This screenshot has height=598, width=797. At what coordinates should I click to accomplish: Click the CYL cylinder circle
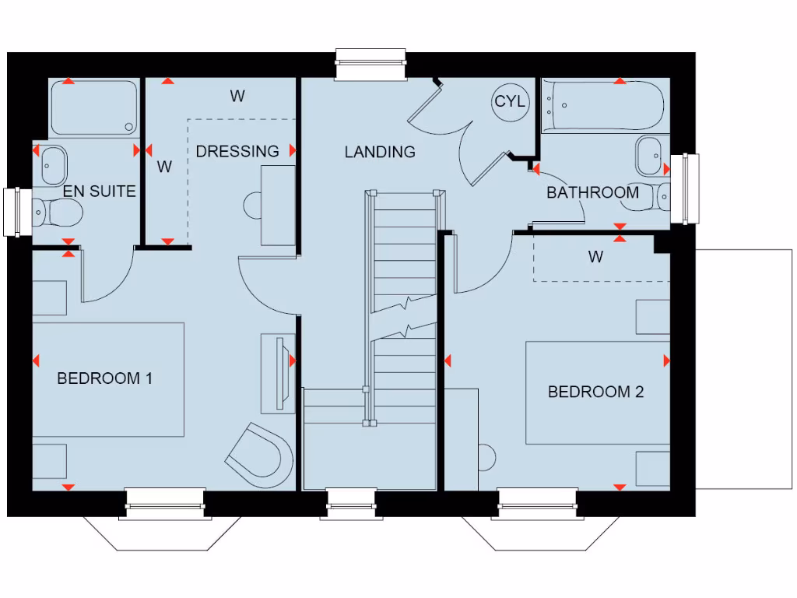511,102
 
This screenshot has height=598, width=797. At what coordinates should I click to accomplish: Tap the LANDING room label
380,152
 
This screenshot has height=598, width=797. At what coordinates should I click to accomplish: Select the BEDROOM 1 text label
104,378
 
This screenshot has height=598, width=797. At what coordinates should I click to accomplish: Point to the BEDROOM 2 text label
595,392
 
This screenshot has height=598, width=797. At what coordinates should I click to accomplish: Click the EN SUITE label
100,191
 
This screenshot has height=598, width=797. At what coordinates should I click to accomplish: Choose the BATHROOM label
592,192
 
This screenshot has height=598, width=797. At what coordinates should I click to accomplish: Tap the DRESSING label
237,151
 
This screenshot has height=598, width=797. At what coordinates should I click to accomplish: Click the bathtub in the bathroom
604,106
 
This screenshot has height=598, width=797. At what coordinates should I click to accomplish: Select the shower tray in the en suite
94,108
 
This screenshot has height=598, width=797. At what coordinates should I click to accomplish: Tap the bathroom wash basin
650,156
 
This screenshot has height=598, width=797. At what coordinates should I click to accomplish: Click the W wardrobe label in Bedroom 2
595,257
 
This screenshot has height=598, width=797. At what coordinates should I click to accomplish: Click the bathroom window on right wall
684,187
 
